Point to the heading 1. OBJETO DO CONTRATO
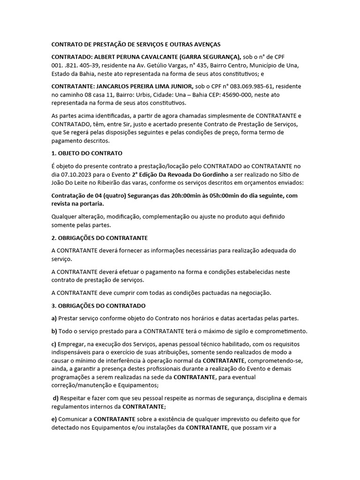point(87,153)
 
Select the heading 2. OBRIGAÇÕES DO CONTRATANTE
point(99,238)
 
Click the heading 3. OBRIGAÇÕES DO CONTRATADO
point(98,306)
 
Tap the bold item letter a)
point(53,318)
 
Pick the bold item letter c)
point(53,344)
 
